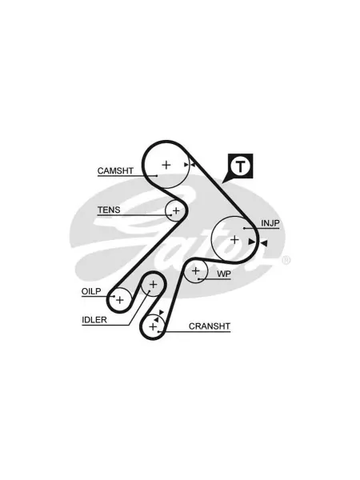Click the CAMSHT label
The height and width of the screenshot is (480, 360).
(x=115, y=170)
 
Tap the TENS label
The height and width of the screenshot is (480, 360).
(x=109, y=210)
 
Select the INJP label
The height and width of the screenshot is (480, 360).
(x=270, y=223)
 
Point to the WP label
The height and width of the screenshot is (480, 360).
(x=224, y=274)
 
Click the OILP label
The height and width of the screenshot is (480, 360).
(x=91, y=291)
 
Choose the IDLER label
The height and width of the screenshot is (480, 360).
(x=94, y=320)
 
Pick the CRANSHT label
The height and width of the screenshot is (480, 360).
(x=210, y=326)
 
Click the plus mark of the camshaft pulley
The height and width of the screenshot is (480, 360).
(x=166, y=165)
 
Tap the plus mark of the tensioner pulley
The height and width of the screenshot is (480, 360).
(x=176, y=210)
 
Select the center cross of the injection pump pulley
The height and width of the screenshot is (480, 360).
(x=234, y=239)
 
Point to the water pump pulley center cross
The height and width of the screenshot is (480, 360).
(x=195, y=270)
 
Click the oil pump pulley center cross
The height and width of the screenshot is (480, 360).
(x=120, y=300)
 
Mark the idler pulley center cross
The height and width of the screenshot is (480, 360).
(x=153, y=285)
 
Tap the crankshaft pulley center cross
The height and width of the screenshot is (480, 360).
(x=153, y=326)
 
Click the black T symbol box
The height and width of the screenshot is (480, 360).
(x=241, y=166)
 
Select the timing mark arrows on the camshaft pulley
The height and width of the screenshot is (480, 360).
(x=190, y=165)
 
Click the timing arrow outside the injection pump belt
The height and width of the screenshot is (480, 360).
(x=264, y=243)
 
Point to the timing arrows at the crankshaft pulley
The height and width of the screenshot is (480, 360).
(x=158, y=316)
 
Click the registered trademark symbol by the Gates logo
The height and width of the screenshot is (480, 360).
(x=286, y=260)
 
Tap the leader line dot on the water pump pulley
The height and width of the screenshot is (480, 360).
(x=198, y=279)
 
